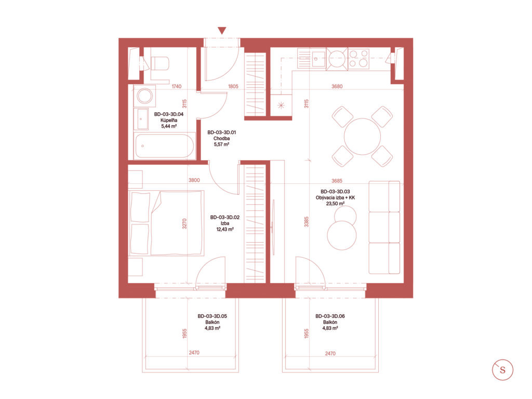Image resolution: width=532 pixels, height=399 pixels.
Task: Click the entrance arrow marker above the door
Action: coord(222,31)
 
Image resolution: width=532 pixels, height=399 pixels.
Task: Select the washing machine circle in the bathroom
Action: coord(145,96)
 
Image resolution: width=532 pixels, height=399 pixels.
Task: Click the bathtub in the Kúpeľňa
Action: coord(164,146)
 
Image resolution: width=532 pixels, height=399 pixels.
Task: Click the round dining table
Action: coord(362,137)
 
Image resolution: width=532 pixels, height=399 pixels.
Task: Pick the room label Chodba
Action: coord(221,138)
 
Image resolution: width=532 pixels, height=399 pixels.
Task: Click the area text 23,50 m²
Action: coord(335,204)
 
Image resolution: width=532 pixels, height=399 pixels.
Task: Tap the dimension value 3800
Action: coord(194,180)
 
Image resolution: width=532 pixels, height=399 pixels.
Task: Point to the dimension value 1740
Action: coord(177,87)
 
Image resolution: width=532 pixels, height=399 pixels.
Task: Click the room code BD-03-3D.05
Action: coord(212,316)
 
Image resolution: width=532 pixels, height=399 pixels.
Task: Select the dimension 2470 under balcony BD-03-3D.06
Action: coord(330,353)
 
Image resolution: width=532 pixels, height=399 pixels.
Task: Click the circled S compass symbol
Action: coord(502,369)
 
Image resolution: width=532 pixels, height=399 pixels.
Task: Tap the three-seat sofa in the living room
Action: coord(384,228)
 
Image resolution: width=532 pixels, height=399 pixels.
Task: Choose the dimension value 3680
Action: coord(337,87)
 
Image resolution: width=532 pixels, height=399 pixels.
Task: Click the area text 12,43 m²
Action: coord(225,229)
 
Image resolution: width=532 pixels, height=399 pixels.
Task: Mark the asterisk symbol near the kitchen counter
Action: coord(281,105)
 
